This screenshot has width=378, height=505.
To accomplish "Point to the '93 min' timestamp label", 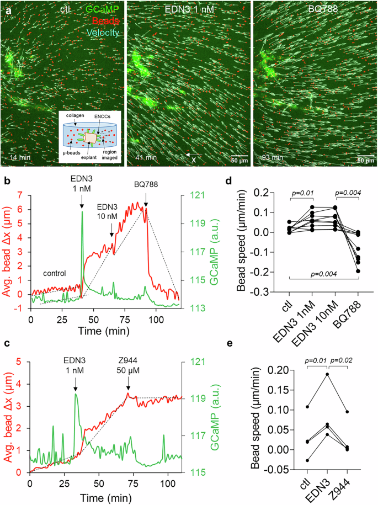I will pyautogui.click(x=273, y=157).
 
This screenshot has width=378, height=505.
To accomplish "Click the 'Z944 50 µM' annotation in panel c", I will pyautogui.click(x=128, y=365).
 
